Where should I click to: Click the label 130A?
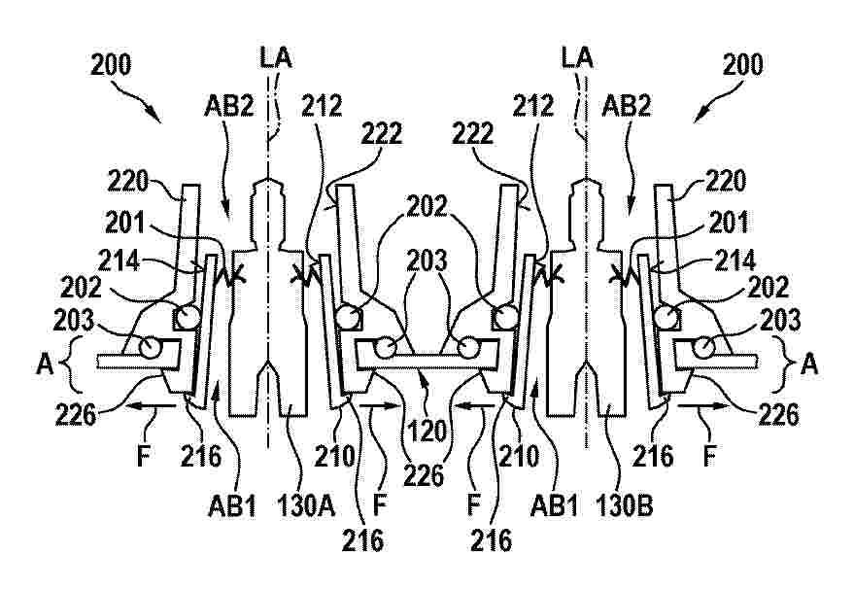[x=306, y=506]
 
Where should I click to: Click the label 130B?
[x=624, y=506]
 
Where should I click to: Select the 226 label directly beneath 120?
[x=425, y=474]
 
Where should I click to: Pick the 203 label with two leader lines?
[x=427, y=260]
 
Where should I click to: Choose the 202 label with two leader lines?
[x=427, y=206]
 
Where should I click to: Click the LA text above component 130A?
[x=275, y=57]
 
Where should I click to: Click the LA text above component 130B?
[x=577, y=57]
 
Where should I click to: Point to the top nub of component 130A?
[x=267, y=181]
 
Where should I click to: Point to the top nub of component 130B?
[x=586, y=181]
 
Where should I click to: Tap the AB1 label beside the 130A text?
[x=232, y=506]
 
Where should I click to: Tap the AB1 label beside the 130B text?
[x=555, y=506]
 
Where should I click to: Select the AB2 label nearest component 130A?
[x=228, y=106]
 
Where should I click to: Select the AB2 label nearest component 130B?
[x=627, y=106]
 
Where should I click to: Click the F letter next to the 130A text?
[x=380, y=506]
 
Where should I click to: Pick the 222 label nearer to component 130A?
[x=382, y=132]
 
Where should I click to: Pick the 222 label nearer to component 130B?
[x=472, y=132]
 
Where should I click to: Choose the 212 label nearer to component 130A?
[x=322, y=105]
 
